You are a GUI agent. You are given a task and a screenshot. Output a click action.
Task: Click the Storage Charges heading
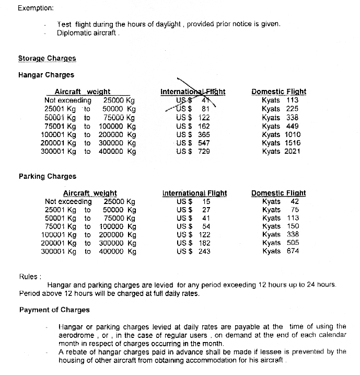47,59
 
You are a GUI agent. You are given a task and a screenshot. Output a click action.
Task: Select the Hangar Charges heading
46,75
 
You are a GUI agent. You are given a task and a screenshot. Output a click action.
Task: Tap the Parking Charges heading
47,176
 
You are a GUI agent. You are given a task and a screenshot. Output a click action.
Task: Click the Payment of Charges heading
54,310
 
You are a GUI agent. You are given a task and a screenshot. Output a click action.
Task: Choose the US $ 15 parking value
193,201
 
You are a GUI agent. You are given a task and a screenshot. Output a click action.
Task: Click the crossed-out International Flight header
193,92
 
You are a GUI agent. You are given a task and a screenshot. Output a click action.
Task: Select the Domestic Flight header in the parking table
278,193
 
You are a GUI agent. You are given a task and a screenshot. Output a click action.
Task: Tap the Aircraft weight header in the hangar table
83,92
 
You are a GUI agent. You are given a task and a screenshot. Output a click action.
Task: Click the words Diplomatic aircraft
88,32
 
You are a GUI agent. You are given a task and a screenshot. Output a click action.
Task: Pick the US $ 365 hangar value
193,134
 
